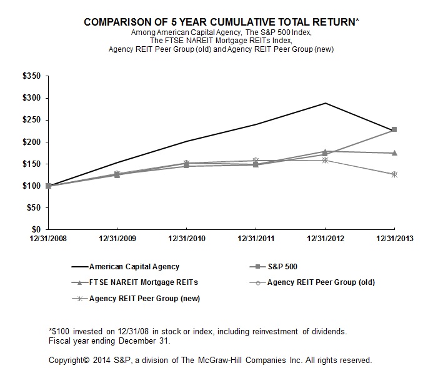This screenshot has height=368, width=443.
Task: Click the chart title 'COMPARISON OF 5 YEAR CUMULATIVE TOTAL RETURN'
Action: pos(220,22)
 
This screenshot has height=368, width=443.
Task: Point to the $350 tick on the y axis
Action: pos(31,76)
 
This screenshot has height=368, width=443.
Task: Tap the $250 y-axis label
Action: pos(31,120)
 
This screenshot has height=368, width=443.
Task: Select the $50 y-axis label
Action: pos(33,208)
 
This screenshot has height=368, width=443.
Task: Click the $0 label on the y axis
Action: pos(36,230)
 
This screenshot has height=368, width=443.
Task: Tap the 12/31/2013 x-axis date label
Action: pos(394,238)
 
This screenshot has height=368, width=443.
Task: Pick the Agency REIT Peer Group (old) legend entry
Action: pos(321,282)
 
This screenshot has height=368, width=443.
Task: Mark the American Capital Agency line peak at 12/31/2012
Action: pos(326,103)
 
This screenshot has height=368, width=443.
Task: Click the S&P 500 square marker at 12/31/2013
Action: pos(394,129)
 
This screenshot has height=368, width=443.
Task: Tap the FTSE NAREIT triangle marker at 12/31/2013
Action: pos(394,153)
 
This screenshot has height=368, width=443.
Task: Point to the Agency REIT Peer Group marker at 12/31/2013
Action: pos(394,174)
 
